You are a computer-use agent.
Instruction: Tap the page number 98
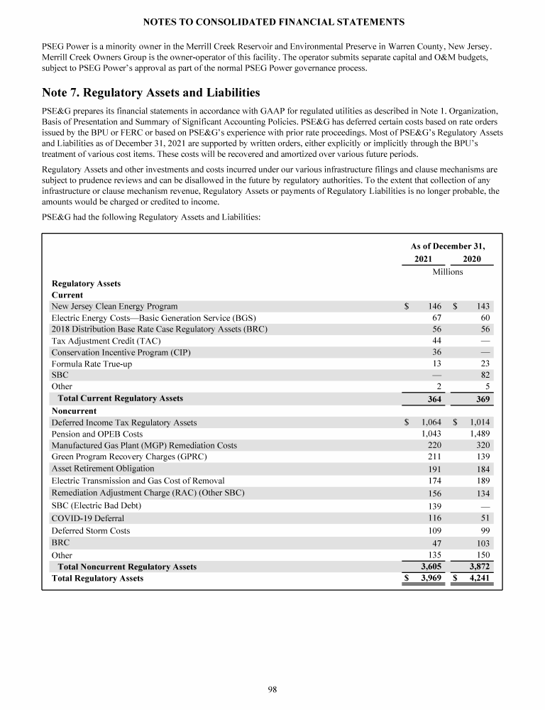click(x=272, y=688)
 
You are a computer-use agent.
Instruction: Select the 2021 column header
click(x=423, y=259)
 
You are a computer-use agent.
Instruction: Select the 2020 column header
click(x=471, y=259)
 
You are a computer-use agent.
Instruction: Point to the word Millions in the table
click(x=447, y=272)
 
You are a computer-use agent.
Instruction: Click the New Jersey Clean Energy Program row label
click(x=114, y=306)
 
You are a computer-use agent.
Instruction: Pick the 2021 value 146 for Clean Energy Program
click(x=434, y=306)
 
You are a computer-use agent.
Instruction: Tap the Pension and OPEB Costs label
click(x=97, y=434)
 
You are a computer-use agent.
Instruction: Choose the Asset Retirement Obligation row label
click(x=103, y=469)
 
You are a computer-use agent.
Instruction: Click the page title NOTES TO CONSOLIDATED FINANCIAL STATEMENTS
click(x=272, y=22)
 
